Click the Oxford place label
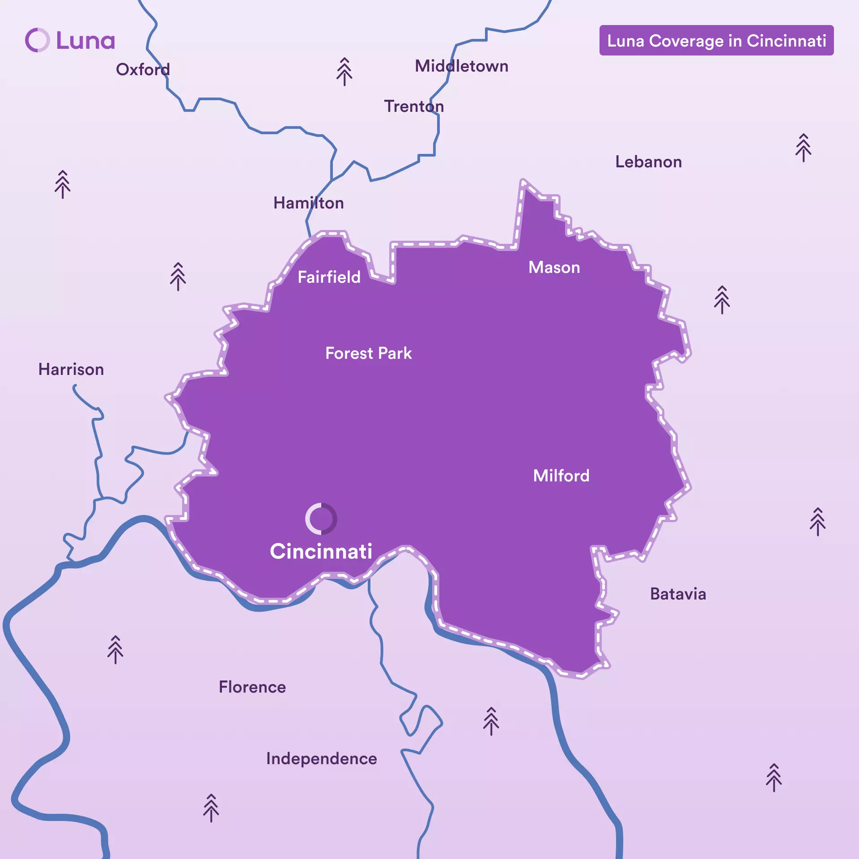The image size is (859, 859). tap(143, 69)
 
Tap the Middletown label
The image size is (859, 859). tap(461, 66)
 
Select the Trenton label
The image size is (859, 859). tap(414, 106)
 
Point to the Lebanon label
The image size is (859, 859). tap(648, 162)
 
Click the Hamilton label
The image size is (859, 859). tap(308, 203)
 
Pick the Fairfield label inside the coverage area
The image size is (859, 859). tap(329, 277)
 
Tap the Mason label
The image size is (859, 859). tap(554, 268)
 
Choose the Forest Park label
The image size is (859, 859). tap(368, 353)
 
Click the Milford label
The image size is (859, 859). tap(561, 476)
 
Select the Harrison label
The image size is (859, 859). tap(71, 370)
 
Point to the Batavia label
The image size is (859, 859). tap(678, 594)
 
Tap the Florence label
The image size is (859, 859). tap(252, 687)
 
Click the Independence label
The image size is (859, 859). tap(321, 759)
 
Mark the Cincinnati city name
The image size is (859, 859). tap(321, 551)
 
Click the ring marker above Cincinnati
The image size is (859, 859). tap(321, 519)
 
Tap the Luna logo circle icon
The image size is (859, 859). tap(37, 40)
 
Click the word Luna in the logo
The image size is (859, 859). tap(85, 41)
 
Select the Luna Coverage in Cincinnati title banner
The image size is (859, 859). tap(716, 41)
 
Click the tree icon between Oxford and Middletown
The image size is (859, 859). tap(344, 72)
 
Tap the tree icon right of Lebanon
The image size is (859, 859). tap(803, 148)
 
